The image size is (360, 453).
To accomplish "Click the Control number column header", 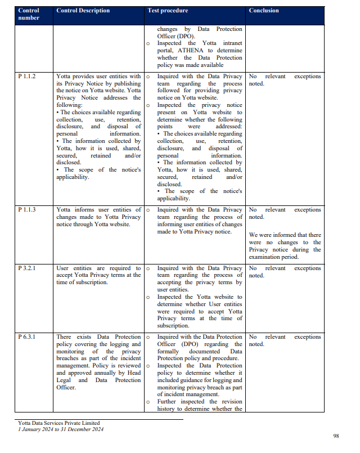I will (x=29, y=14).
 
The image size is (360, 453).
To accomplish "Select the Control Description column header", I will (x=83, y=11).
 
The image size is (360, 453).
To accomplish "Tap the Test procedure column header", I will (x=168, y=11).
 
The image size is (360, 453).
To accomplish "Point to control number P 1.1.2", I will (x=27, y=77).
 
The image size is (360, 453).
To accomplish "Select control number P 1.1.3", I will (x=27, y=210).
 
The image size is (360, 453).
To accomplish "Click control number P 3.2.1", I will (x=27, y=268).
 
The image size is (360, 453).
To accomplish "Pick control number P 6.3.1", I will (x=27, y=337).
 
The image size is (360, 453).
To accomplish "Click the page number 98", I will (x=336, y=436).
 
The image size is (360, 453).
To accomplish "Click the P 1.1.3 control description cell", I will (x=98, y=217).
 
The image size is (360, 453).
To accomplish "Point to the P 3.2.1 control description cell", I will (x=98, y=275).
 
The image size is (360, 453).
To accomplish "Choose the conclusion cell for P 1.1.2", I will (x=285, y=80).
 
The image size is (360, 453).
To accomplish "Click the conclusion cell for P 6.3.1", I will (x=285, y=340).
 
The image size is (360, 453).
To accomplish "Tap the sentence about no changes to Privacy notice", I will (x=285, y=246).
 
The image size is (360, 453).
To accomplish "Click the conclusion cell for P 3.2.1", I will (x=285, y=272).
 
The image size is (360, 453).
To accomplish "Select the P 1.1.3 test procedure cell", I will (x=199, y=221).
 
